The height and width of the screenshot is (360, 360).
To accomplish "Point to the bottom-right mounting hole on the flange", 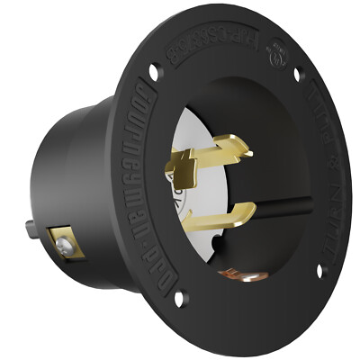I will [x=319, y=268].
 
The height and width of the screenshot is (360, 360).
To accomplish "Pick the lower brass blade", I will [x=230, y=213].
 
